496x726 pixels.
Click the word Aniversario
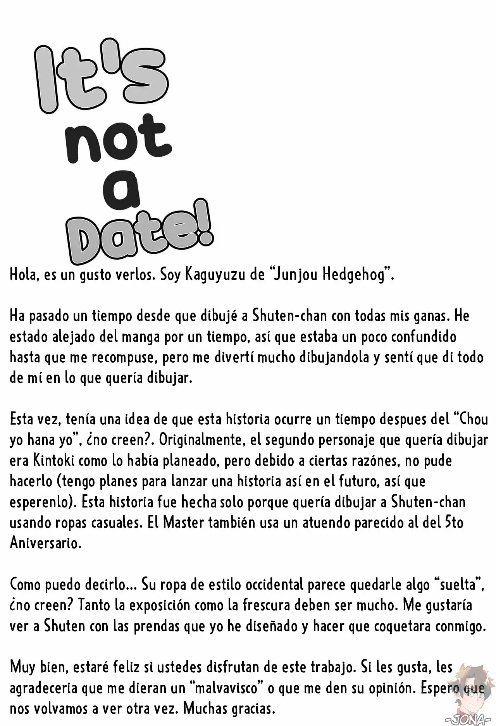[x=45, y=543]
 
